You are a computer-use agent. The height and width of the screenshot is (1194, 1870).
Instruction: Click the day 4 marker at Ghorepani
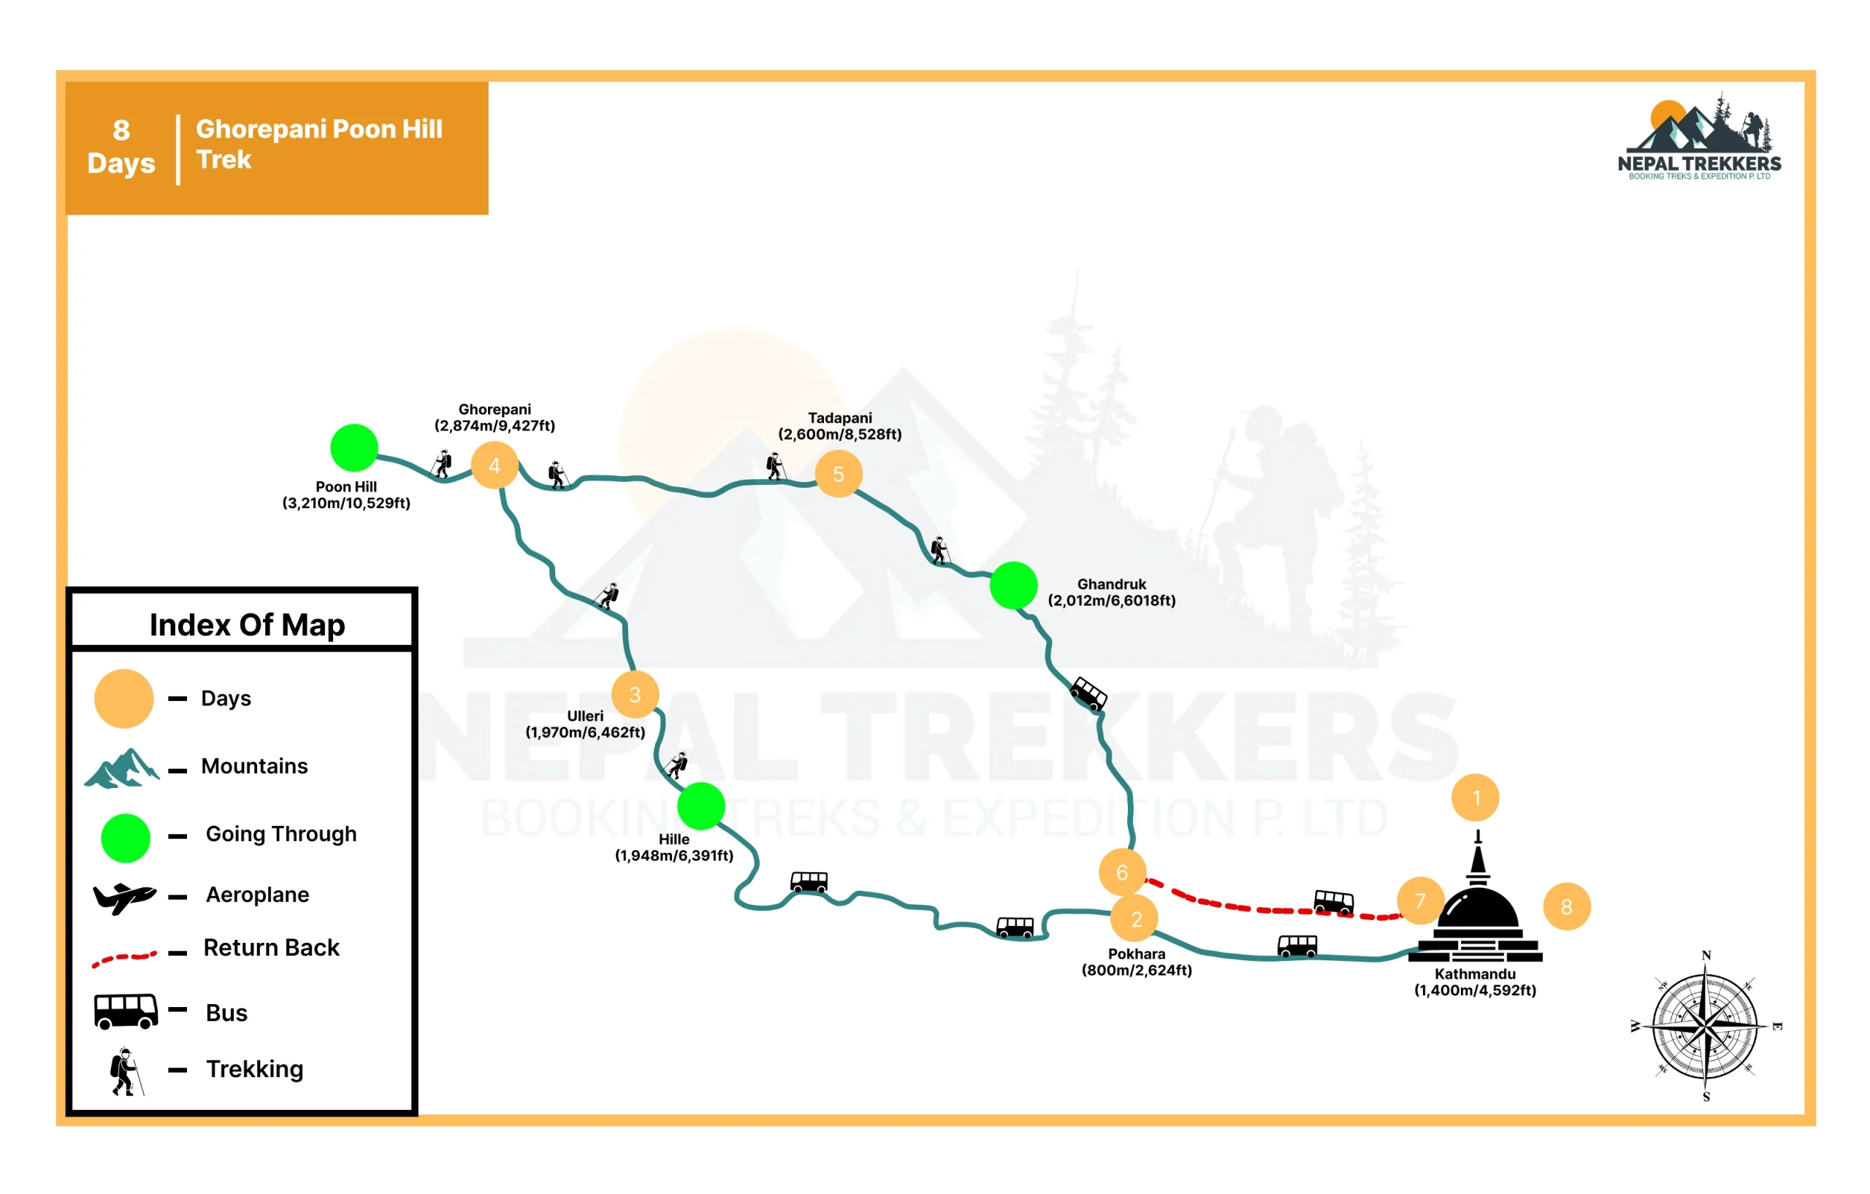494,465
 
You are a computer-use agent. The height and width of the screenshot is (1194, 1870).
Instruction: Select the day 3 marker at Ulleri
635,694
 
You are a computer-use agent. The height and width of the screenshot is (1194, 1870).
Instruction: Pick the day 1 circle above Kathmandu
1475,797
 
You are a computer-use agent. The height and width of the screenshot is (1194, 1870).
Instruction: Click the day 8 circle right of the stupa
1566,906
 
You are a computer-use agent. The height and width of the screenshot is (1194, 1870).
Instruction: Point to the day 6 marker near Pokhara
1122,872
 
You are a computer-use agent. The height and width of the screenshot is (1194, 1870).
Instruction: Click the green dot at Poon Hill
354,448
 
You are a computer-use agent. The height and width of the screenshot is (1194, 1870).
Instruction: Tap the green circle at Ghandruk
1013,586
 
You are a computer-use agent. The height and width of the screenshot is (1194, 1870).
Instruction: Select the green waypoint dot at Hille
701,807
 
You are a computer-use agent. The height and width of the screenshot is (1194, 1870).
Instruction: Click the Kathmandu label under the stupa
1475,973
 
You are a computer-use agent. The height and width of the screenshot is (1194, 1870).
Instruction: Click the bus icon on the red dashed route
1333,903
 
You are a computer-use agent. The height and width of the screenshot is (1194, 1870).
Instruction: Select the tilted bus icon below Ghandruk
1088,693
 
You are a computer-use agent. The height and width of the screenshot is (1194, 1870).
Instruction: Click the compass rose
1706,1026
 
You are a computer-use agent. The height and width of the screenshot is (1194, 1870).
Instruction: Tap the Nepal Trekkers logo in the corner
1699,136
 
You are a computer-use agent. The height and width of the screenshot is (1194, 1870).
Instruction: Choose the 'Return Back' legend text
271,947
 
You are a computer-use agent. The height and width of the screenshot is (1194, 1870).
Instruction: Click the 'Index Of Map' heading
247,625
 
